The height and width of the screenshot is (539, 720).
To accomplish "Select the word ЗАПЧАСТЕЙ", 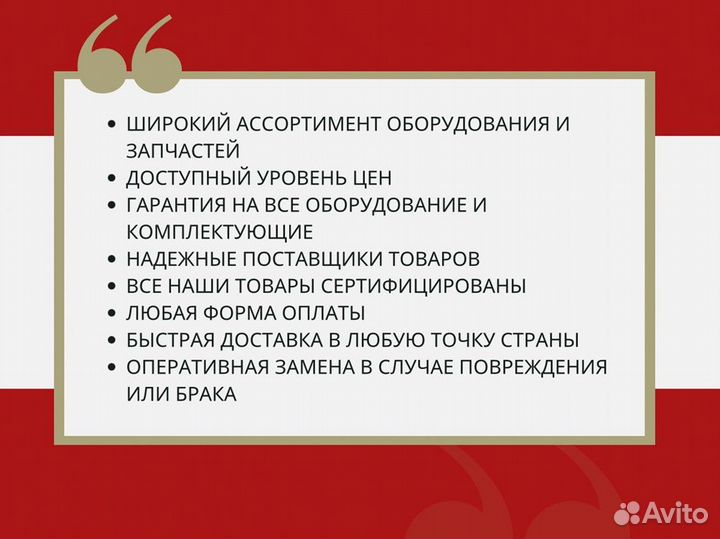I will pos(183,151).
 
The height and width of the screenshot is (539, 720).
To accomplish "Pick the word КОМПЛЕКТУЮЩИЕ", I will pos(220,232).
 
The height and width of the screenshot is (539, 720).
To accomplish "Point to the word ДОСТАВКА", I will pos(271,340).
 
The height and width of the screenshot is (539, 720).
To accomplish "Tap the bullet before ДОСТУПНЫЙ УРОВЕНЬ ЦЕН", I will pos(111,178).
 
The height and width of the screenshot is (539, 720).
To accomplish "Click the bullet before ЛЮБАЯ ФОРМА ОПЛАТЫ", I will pos(111,313).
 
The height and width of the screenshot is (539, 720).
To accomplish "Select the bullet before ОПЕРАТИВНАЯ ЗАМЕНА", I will pos(111,367).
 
